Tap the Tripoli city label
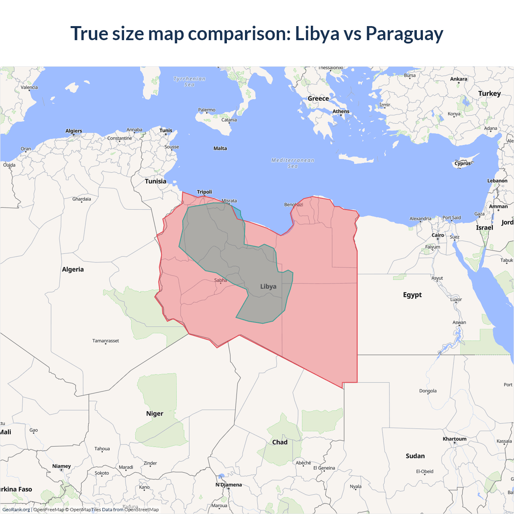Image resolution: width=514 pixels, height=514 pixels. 204,192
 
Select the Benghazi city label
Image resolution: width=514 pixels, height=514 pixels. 294,205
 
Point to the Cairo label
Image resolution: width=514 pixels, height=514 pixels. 438,235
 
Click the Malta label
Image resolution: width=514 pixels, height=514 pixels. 220,149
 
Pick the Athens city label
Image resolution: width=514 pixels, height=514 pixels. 341,112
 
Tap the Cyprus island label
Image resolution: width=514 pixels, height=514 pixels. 463,163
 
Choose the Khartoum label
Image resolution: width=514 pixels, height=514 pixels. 455,439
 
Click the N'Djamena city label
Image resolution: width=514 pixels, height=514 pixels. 228,485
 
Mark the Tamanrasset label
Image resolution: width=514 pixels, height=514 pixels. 106,341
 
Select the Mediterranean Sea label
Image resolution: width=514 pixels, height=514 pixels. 293,163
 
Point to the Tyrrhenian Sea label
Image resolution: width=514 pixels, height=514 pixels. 189,82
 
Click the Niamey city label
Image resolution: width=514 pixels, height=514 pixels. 61,466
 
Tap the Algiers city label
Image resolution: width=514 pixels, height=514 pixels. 74,131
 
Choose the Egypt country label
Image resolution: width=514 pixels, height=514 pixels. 412,295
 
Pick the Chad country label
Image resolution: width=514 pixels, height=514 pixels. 280,442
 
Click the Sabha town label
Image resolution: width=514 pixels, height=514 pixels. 220,280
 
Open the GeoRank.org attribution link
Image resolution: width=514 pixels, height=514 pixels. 16,510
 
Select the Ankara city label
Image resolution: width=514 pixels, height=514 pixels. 459,79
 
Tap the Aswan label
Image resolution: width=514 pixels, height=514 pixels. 459,322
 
